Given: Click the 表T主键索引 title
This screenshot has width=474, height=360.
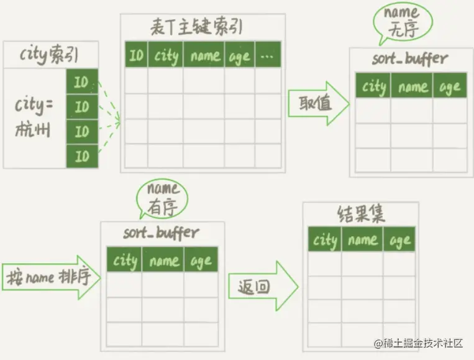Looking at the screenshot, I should click(197, 27).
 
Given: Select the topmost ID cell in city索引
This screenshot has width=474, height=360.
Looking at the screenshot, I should click(82, 81).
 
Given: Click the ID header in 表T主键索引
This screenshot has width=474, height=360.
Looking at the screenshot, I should click(136, 55).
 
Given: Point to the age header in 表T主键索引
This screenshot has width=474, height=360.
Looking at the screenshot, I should click(239, 55).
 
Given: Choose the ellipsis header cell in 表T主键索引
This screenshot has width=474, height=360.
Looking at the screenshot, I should click(268, 55).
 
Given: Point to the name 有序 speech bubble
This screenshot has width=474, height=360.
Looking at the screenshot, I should click(163, 198).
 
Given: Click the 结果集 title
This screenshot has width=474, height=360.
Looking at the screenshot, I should click(361, 215).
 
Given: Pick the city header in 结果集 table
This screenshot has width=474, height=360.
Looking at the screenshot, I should click(325, 240).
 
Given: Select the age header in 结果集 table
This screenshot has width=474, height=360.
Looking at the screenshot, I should click(400, 240).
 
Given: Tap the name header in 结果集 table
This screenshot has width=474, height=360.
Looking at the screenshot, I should click(363, 240).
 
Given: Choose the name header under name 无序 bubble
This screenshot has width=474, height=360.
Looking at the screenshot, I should click(412, 86).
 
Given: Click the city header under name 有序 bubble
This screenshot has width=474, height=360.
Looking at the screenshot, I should click(125, 261).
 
